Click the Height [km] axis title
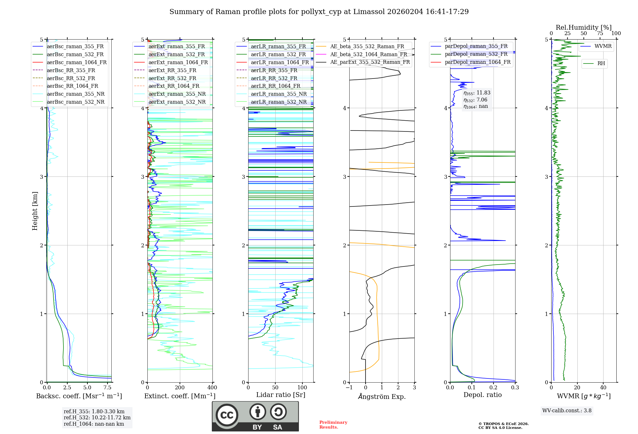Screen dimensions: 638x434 (x=35, y=211)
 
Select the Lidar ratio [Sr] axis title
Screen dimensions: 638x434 (x=281, y=395)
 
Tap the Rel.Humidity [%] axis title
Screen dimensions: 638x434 (x=584, y=27)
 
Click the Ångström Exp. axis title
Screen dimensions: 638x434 (x=382, y=396)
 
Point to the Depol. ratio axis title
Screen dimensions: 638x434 (x=483, y=395)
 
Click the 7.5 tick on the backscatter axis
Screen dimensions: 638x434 (x=108, y=387)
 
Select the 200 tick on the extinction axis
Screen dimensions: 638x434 (x=180, y=387)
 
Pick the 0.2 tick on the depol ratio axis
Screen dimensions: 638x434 (x=493, y=387)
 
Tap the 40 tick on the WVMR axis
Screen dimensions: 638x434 (x=603, y=387)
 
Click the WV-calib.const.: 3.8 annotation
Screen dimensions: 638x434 (x=567, y=410)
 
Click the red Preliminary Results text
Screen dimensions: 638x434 (x=333, y=425)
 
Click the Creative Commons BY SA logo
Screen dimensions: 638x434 (x=256, y=416)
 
